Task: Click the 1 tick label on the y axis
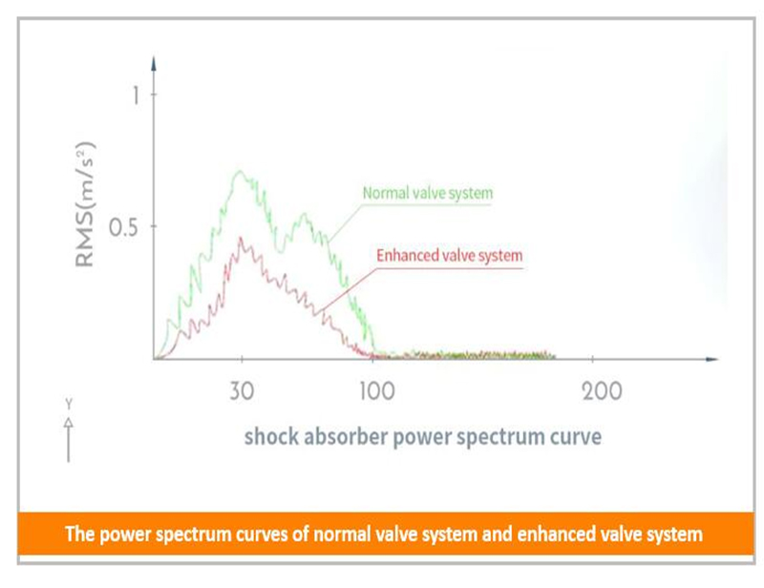click(136, 94)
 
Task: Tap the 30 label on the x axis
click(242, 390)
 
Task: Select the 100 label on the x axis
click(375, 390)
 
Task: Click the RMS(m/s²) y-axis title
click(89, 204)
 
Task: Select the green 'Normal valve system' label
click(427, 194)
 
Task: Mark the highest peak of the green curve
click(239, 172)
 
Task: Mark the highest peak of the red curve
click(241, 238)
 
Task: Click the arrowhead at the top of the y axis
click(154, 63)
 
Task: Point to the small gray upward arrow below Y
click(68, 439)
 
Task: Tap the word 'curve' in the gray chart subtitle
click(577, 437)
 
